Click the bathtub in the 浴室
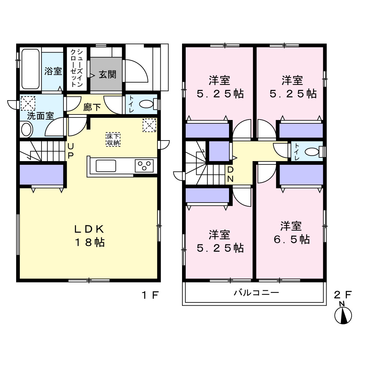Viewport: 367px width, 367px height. tap(30, 69)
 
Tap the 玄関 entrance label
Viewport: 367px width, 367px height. tap(108, 75)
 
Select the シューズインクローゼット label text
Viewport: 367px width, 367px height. tap(77, 68)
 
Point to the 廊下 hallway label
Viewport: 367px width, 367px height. tap(92, 107)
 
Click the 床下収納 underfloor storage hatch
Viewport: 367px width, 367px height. tap(113, 139)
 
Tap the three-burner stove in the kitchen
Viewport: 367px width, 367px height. tap(144, 166)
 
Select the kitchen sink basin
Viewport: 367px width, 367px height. tap(106, 166)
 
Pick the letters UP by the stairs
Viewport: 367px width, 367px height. tap(70, 151)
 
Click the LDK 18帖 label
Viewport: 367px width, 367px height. tap(89, 236)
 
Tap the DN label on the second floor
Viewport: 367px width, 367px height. tap(230, 174)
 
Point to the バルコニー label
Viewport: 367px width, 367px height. tap(257, 292)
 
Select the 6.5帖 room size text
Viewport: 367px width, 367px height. tap(292, 239)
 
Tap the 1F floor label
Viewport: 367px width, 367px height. tap(150, 295)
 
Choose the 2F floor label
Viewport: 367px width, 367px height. tap(343, 295)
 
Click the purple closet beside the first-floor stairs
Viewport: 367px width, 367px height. tap(41, 175)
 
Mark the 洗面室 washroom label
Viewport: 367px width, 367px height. tap(40, 116)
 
